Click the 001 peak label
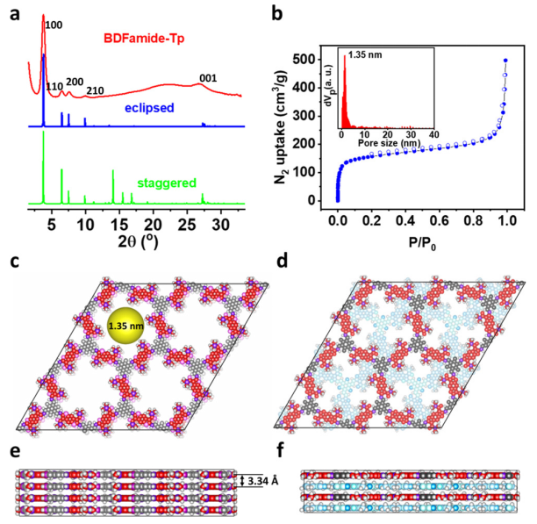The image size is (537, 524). (209, 77)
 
